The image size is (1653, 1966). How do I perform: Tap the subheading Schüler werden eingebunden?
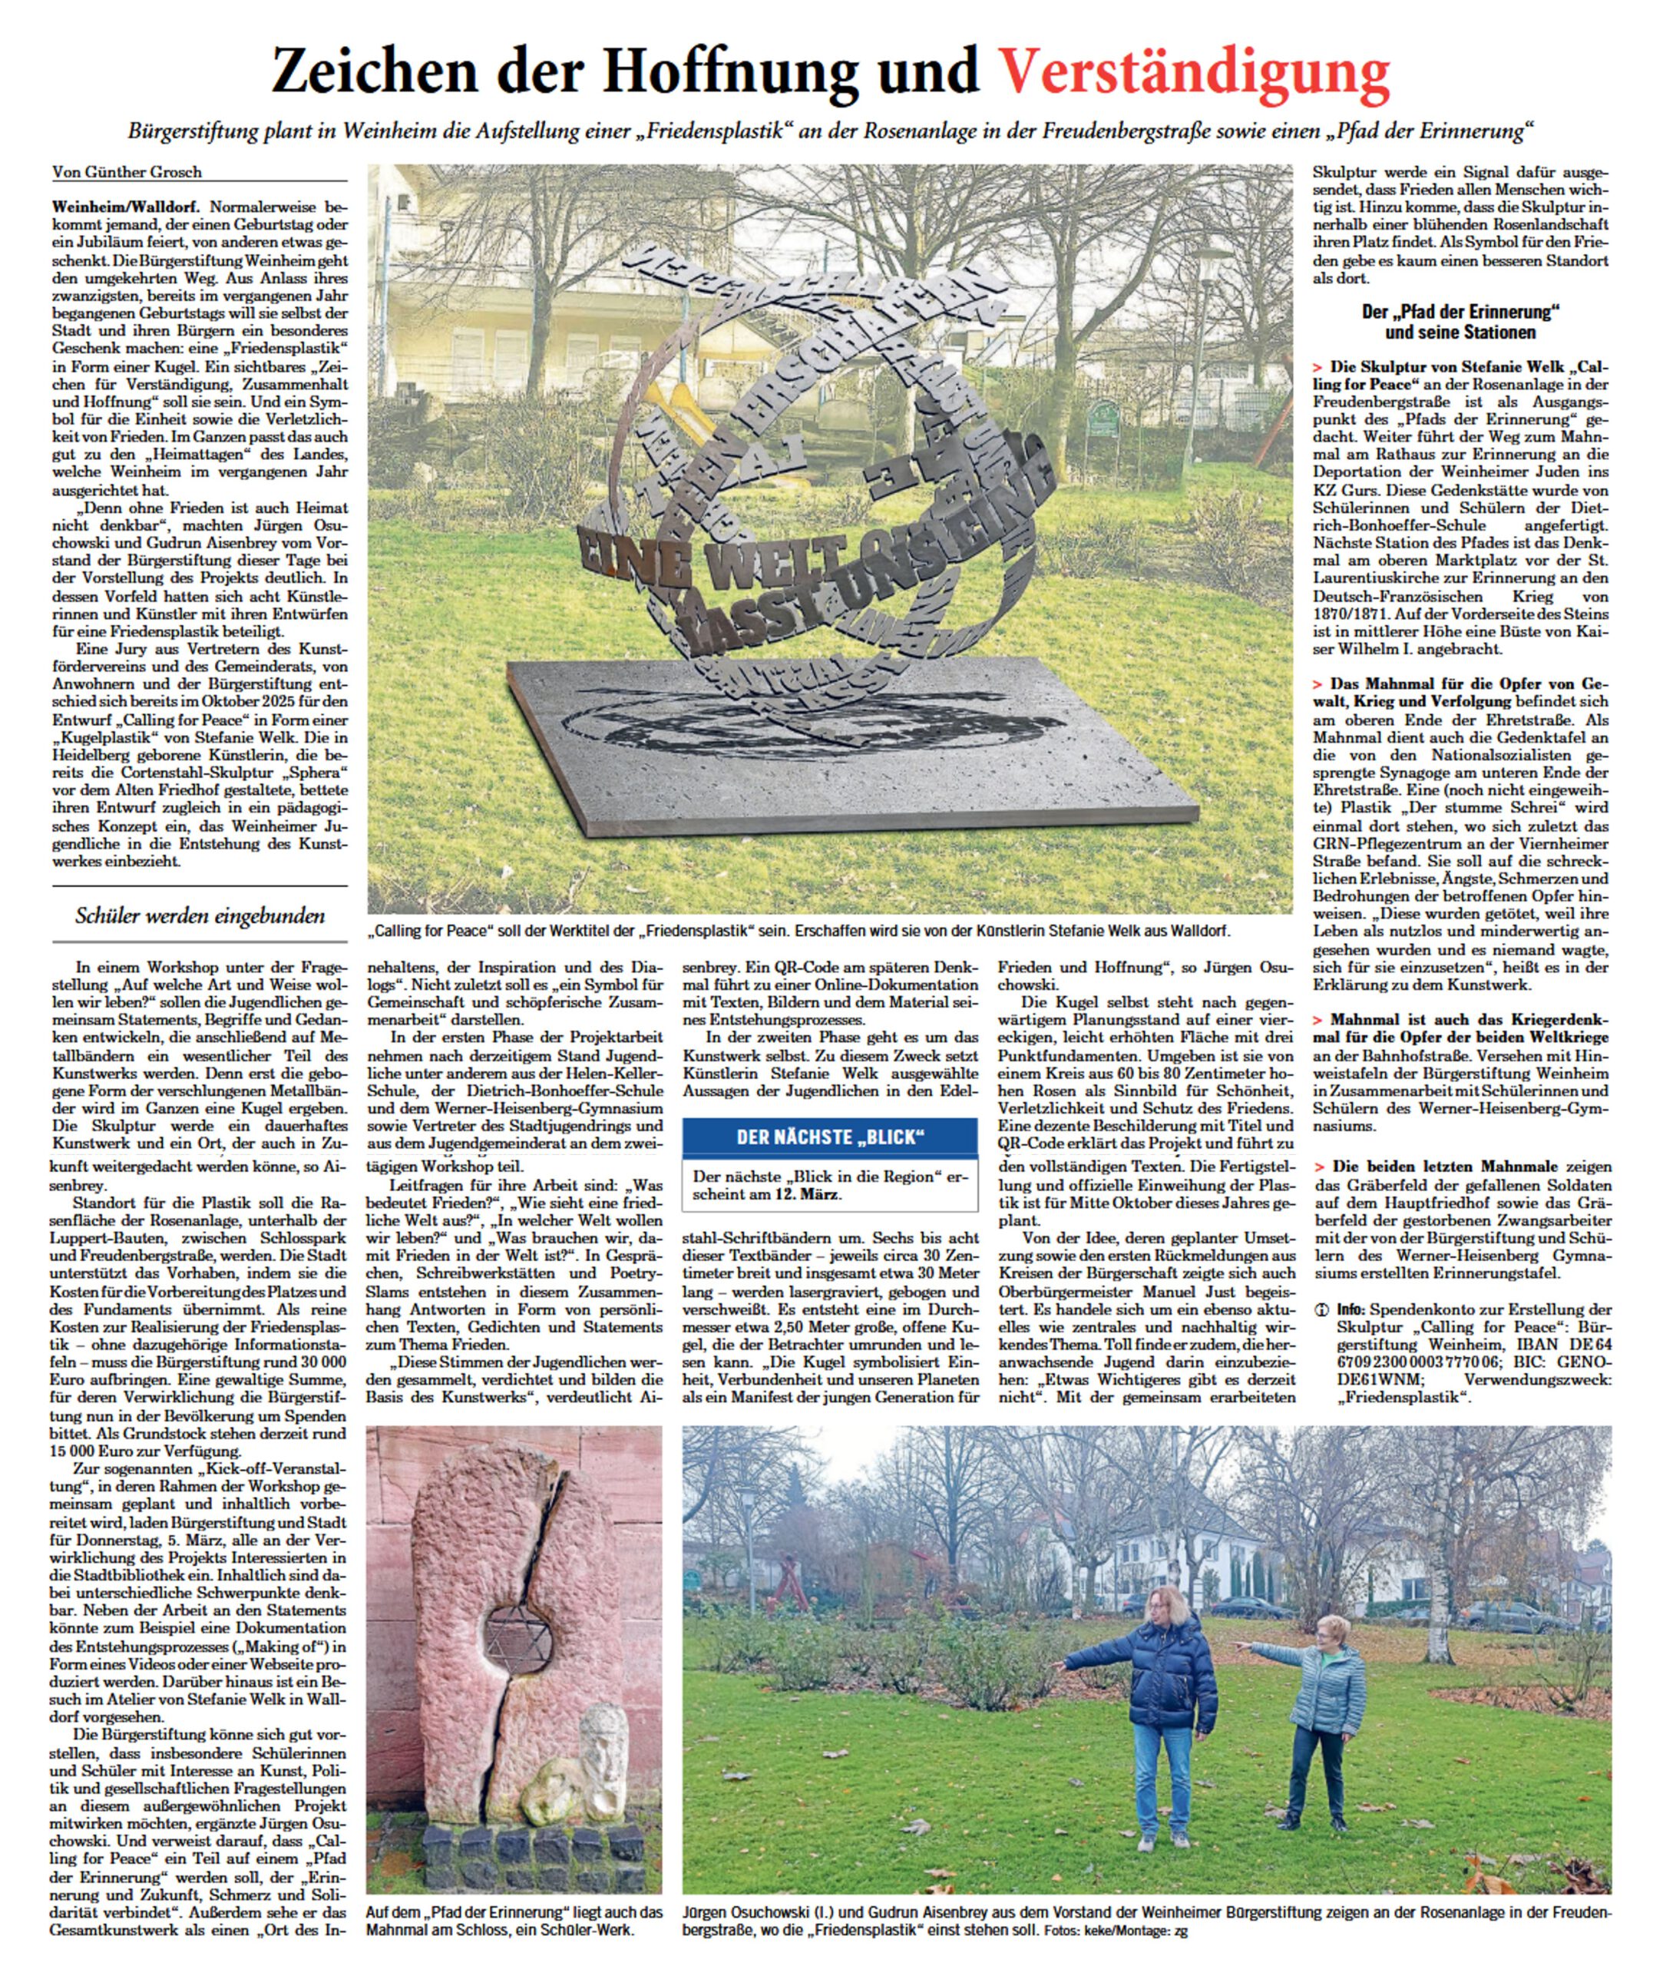coord(200,915)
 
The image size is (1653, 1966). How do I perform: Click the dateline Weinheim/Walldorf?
coord(129,206)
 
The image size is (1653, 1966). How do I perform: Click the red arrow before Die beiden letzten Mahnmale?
coord(1317,1167)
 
